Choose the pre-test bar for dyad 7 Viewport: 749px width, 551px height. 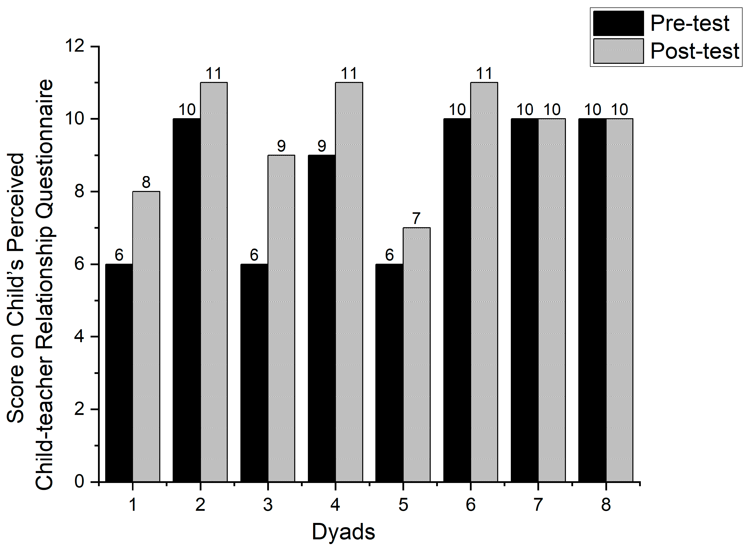point(524,300)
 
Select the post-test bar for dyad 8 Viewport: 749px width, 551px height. point(619,300)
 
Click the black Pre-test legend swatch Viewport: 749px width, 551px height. point(618,23)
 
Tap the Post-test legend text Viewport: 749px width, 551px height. point(695,51)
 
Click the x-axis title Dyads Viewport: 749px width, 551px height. point(343,532)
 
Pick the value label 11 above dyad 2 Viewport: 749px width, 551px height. point(214,74)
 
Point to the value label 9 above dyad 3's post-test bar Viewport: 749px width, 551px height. point(281,146)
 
